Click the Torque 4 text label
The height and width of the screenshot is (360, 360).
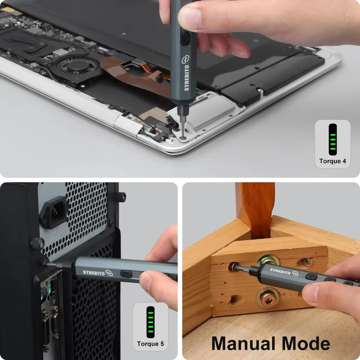click(x=332, y=162)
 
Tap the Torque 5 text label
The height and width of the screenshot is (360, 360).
click(x=150, y=344)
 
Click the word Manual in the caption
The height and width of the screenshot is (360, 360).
click(x=243, y=343)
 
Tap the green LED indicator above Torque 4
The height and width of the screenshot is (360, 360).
click(x=332, y=139)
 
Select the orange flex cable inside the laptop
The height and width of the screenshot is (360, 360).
click(x=127, y=73)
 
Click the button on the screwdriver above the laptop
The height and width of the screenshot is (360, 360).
click(x=185, y=37)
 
